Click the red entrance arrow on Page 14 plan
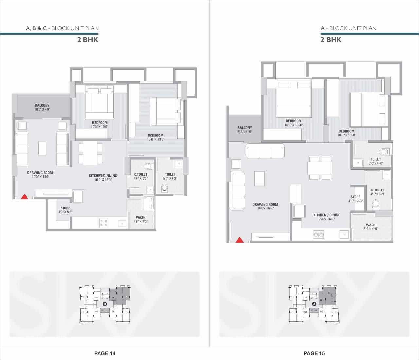[24, 196]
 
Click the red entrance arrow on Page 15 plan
[240, 240]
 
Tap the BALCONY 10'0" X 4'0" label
[42, 107]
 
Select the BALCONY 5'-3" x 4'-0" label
[245, 130]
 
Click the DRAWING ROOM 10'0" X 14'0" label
[40, 175]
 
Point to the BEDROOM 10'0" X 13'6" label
[155, 137]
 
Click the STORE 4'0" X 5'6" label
[65, 210]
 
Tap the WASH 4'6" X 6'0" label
[140, 219]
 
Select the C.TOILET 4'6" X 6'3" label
[140, 176]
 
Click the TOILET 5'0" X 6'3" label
[170, 176]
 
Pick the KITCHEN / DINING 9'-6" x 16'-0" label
[327, 217]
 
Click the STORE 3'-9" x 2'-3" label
[355, 199]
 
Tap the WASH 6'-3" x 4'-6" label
[371, 227]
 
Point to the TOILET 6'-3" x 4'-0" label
[375, 161]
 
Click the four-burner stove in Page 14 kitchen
[103, 223]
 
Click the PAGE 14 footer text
[105, 353]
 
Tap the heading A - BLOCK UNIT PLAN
[348, 28]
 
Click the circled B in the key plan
[105, 304]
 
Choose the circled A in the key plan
[314, 304]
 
